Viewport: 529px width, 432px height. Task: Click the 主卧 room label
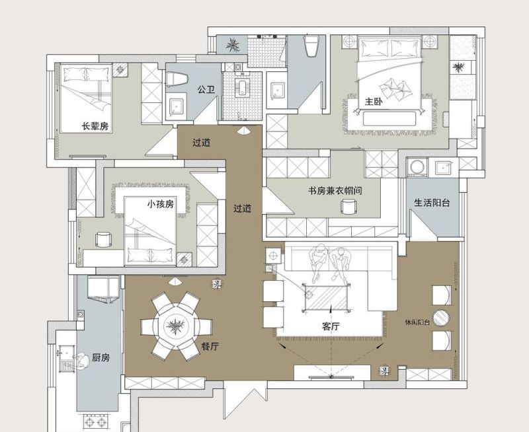click(x=374, y=102)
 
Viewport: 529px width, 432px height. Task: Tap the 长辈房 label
click(x=95, y=126)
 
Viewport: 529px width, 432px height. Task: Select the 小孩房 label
click(x=161, y=204)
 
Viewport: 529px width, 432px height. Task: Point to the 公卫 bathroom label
click(x=206, y=90)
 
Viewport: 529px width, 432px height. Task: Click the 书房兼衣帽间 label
click(x=335, y=190)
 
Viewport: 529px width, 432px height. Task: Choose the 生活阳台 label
click(x=432, y=203)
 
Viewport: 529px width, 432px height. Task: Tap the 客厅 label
click(x=331, y=326)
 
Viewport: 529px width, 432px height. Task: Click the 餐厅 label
click(x=210, y=346)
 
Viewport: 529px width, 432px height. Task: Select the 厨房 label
click(x=101, y=357)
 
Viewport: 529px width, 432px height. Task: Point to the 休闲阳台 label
click(x=417, y=322)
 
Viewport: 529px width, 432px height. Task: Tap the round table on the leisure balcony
click(x=441, y=318)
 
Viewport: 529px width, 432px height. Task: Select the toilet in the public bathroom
click(x=177, y=80)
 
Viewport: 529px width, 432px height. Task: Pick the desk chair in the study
click(x=348, y=206)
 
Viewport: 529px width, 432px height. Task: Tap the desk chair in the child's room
click(x=103, y=240)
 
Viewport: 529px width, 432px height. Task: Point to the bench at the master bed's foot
click(x=389, y=118)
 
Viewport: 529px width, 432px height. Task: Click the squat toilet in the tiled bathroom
click(x=242, y=87)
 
